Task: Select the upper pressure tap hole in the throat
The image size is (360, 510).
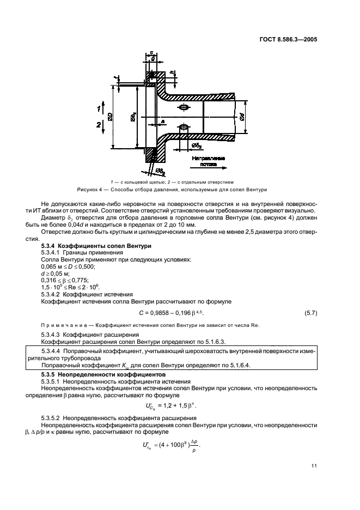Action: (184, 107)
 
